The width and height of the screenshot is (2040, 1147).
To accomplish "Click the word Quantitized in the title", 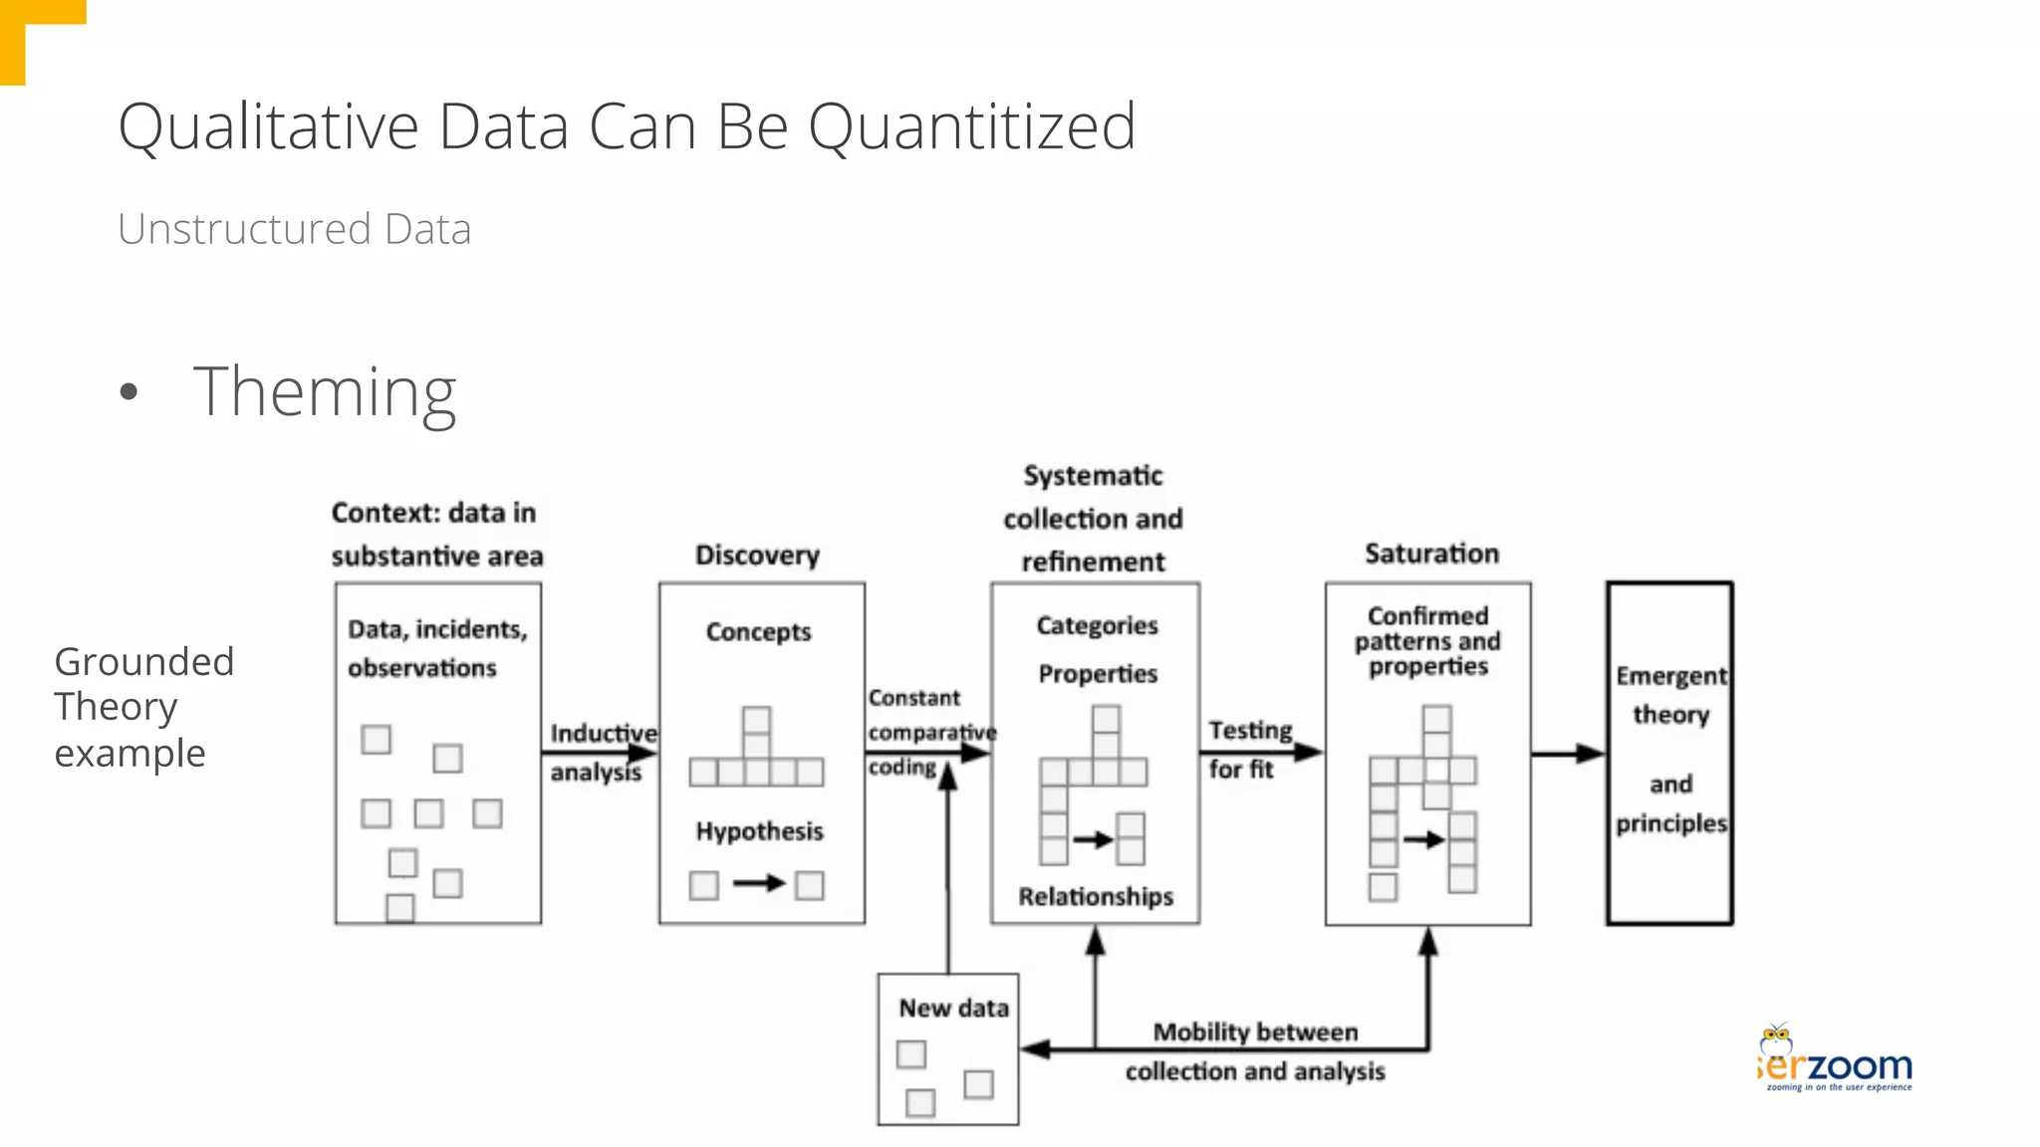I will [971, 127].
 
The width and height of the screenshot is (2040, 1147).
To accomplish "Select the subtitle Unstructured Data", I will [294, 229].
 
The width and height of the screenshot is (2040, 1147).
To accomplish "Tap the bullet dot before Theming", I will [128, 391].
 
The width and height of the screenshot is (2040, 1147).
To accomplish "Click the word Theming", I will [325, 392].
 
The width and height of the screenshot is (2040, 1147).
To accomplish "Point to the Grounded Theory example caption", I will [143, 707].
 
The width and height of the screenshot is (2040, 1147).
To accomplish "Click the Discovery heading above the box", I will [757, 555].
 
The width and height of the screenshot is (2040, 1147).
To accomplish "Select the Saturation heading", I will [1431, 554].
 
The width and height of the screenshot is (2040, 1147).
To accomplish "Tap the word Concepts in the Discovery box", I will [758, 632].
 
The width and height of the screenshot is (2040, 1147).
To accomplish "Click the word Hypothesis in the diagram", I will [759, 831].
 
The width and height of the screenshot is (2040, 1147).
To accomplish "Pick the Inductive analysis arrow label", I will [602, 753].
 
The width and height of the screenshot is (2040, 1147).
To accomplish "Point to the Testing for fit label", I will [1248, 749].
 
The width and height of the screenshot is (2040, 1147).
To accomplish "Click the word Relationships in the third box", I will [1096, 897].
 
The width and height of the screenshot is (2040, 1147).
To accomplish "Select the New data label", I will [953, 1009].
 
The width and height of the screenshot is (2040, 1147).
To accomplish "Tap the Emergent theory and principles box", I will [1669, 754].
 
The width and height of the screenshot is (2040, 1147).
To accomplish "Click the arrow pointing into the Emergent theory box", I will [1568, 754].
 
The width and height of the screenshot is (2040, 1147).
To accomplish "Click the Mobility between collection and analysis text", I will [1255, 1051].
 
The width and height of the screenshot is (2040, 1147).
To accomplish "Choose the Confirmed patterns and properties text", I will [1427, 641].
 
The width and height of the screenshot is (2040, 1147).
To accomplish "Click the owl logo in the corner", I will [1776, 1040].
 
